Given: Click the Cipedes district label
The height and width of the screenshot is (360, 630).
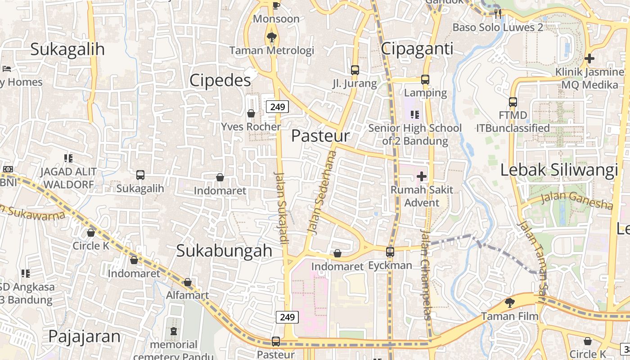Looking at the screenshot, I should pos(220,81).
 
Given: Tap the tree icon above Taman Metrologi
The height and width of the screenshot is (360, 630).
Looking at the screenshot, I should pos(271,37).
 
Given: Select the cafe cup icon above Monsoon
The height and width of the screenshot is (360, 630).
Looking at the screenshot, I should pos(276,5).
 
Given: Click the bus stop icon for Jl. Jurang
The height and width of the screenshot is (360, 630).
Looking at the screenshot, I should pos(355,70).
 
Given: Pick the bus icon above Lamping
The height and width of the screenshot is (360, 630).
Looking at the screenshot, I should pos(425,80).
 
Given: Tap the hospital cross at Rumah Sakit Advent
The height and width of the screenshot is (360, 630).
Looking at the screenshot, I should pos(421,176).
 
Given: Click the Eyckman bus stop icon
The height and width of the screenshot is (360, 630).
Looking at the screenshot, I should pos(390,252).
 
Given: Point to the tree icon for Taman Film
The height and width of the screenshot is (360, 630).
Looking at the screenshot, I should pos(509,303).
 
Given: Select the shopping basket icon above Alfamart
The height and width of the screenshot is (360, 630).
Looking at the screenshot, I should pos(188,283).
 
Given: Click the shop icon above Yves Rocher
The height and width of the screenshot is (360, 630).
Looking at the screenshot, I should pos(251,113).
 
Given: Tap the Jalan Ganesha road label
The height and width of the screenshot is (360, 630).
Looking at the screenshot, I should pos(576,200).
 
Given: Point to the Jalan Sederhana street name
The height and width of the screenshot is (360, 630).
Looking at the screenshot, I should pos(321,192).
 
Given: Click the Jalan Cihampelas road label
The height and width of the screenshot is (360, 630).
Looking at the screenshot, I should pos(426,274).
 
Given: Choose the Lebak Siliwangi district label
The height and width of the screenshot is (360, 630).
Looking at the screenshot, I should pos(559,171).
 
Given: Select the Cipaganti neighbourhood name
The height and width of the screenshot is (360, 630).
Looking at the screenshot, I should pos(417,49).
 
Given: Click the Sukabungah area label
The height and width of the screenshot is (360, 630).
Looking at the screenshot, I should pos(224,251).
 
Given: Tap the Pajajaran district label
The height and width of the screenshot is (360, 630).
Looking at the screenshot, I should pos(84,336).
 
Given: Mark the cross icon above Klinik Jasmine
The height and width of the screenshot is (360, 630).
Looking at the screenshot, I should pos(589,58).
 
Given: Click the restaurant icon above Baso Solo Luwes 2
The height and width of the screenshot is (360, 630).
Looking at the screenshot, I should pos(498,14).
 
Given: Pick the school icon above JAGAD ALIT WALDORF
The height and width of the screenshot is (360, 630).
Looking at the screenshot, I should pos(68,158).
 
